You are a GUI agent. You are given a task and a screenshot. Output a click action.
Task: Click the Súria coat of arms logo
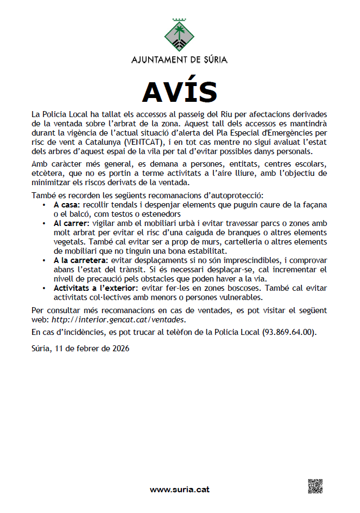coord(180,34)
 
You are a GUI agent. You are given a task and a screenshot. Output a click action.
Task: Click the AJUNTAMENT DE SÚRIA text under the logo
coord(180,59)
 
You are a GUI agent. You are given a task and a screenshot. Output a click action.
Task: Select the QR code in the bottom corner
coord(316,486)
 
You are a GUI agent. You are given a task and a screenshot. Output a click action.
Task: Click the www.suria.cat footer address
coord(180,490)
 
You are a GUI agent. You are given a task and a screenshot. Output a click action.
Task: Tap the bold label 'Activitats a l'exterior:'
coord(95,288)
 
